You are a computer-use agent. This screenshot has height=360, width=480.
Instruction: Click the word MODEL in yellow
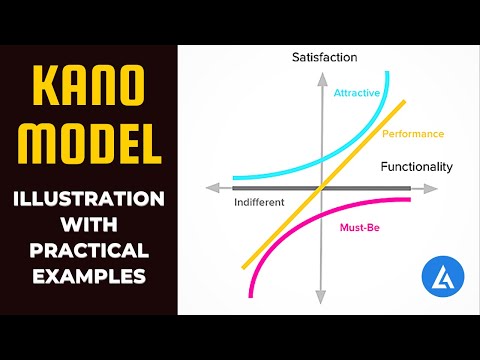[x=88, y=142]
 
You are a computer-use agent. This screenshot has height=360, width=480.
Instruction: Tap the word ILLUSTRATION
[x=88, y=199]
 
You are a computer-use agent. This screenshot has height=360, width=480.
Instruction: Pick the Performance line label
[x=413, y=133]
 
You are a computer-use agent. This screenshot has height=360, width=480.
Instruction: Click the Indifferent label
[x=259, y=202]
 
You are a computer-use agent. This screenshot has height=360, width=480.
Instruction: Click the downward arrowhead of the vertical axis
[x=320, y=298]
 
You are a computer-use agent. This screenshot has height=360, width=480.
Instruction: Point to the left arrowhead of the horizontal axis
[x=211, y=187]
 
